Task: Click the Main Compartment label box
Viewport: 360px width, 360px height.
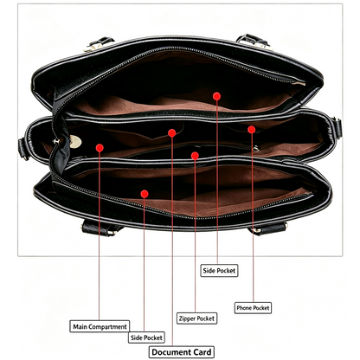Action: pyautogui.click(x=100, y=326)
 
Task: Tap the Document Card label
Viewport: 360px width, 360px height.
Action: pyautogui.click(x=182, y=352)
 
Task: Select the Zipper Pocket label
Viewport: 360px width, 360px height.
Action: pyautogui.click(x=196, y=318)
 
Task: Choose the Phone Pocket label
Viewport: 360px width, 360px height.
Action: pyautogui.click(x=253, y=308)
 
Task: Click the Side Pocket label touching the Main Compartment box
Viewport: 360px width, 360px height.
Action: pyautogui.click(x=146, y=337)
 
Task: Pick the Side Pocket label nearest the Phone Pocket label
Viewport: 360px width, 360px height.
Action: pyautogui.click(x=219, y=271)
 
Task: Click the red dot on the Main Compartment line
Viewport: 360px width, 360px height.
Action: pyautogui.click(x=100, y=148)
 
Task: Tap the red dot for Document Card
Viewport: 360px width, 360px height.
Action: pyautogui.click(x=172, y=133)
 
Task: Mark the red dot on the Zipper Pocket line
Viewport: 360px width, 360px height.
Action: pyautogui.click(x=195, y=156)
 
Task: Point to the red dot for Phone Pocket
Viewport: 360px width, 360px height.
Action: pyautogui.click(x=252, y=130)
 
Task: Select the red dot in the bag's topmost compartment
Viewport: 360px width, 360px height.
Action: pyautogui.click(x=216, y=96)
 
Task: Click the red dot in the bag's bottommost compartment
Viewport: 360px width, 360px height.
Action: pyautogui.click(x=145, y=194)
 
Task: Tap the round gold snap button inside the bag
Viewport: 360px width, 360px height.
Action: pyautogui.click(x=75, y=142)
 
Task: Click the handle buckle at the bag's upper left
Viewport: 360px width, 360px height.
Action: pyautogui.click(x=98, y=44)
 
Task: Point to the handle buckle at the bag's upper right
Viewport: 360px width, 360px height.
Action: pyautogui.click(x=254, y=42)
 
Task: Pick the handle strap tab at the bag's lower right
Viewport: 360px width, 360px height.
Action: pyautogui.click(x=267, y=228)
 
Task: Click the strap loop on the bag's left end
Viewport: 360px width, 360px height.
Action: pyautogui.click(x=23, y=149)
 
